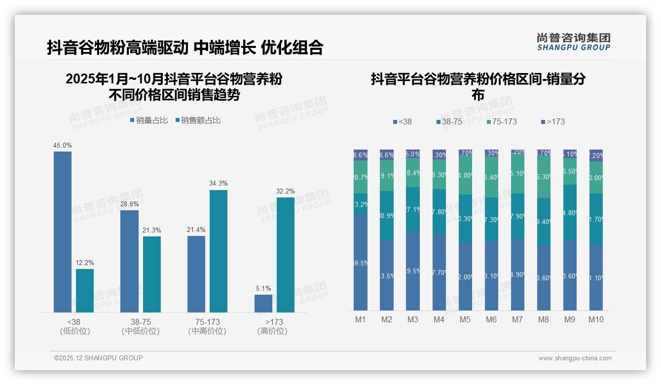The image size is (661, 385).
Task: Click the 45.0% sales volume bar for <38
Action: coord(63,231)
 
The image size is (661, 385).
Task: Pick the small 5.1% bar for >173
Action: coord(263,303)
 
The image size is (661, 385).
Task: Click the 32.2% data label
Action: coord(286,191)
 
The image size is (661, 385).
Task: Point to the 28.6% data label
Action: coord(130,204)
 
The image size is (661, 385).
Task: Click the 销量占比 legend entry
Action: coord(149,120)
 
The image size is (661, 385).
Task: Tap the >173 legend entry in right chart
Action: coord(553,121)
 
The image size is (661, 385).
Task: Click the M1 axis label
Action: coord(361,319)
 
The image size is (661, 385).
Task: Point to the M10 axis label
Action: coord(596,319)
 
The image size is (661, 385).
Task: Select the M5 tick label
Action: coord(465,319)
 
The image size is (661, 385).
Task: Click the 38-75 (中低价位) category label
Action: coord(141,326)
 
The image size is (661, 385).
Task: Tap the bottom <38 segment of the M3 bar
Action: coord(413,270)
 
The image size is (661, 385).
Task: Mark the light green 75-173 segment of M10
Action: coord(596,177)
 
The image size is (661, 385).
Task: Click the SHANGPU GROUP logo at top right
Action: coord(574,42)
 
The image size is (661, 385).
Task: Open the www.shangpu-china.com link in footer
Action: coord(575,358)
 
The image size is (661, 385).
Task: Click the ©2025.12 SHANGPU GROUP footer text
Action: coord(99,358)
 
